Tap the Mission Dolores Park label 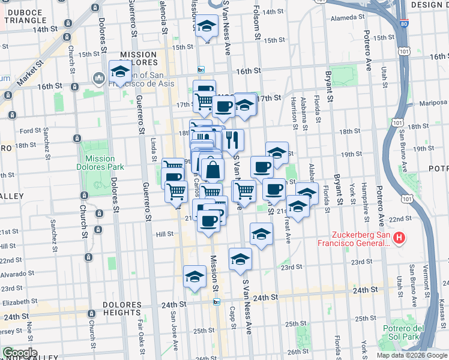tap(96, 163)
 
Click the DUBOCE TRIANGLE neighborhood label tap(23, 16)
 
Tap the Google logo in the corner tap(19, 352)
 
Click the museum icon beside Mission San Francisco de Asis tap(98, 79)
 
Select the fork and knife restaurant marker tap(234, 140)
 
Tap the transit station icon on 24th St tap(217, 302)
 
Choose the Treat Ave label tap(289, 230)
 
